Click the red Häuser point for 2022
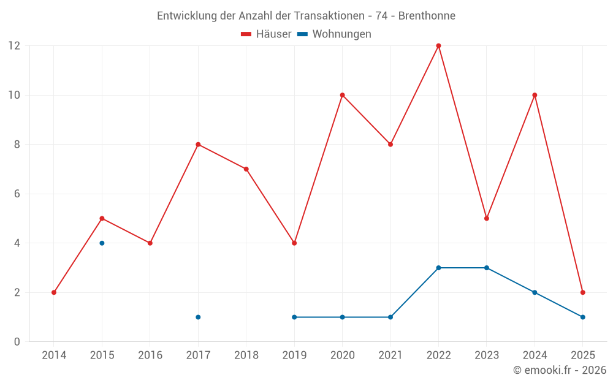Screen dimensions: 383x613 click(x=438, y=46)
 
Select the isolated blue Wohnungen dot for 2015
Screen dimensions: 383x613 click(x=102, y=243)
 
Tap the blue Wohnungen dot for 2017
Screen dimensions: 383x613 click(x=198, y=317)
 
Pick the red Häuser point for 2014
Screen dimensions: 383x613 click(x=54, y=292)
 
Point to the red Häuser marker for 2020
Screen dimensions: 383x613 click(x=342, y=95)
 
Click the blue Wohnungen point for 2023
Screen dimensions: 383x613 click(x=487, y=268)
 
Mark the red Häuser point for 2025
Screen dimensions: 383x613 click(x=582, y=292)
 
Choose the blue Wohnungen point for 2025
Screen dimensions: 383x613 click(x=582, y=317)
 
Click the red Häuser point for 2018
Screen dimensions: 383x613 click(x=246, y=169)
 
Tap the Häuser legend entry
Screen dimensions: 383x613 click(x=266, y=34)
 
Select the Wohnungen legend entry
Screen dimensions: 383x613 click(x=334, y=34)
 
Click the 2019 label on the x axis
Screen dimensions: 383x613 click(x=294, y=355)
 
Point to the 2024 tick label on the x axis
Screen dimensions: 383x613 click(x=535, y=355)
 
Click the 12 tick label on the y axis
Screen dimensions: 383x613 click(x=14, y=46)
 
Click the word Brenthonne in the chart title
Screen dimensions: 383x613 click(x=427, y=15)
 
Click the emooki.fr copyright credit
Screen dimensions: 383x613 click(x=560, y=370)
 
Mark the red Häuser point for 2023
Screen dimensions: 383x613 click(x=487, y=218)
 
